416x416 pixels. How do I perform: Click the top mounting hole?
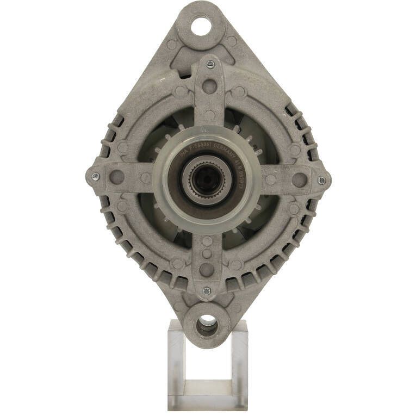coord(200,26)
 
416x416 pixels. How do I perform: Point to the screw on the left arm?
coord(95,176)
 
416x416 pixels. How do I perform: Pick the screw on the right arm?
coord(322,180)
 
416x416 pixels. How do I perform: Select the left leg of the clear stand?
coord(176,364)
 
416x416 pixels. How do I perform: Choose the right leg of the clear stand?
coord(240,364)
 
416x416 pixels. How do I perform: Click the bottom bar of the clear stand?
coord(208,402)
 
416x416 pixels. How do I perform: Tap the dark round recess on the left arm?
coord(117,177)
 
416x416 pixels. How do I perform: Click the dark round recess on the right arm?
coord(300,179)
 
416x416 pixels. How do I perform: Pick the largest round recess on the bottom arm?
coord(207,268)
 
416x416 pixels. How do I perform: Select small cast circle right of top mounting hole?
coord(232,41)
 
